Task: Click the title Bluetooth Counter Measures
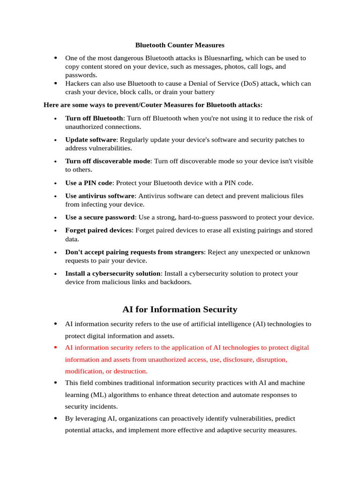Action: pos(180,45)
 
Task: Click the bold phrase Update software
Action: pos(90,140)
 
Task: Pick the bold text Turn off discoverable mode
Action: pos(108,161)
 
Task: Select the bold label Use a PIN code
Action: pos(89,183)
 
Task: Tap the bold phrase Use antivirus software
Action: pos(100,196)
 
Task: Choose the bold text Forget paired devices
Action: pos(98,230)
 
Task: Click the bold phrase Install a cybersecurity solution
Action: pos(113,273)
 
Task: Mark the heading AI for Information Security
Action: pos(180,309)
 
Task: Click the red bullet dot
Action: pos(55,347)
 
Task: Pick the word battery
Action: pos(202,92)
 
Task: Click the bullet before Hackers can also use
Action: pos(55,83)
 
